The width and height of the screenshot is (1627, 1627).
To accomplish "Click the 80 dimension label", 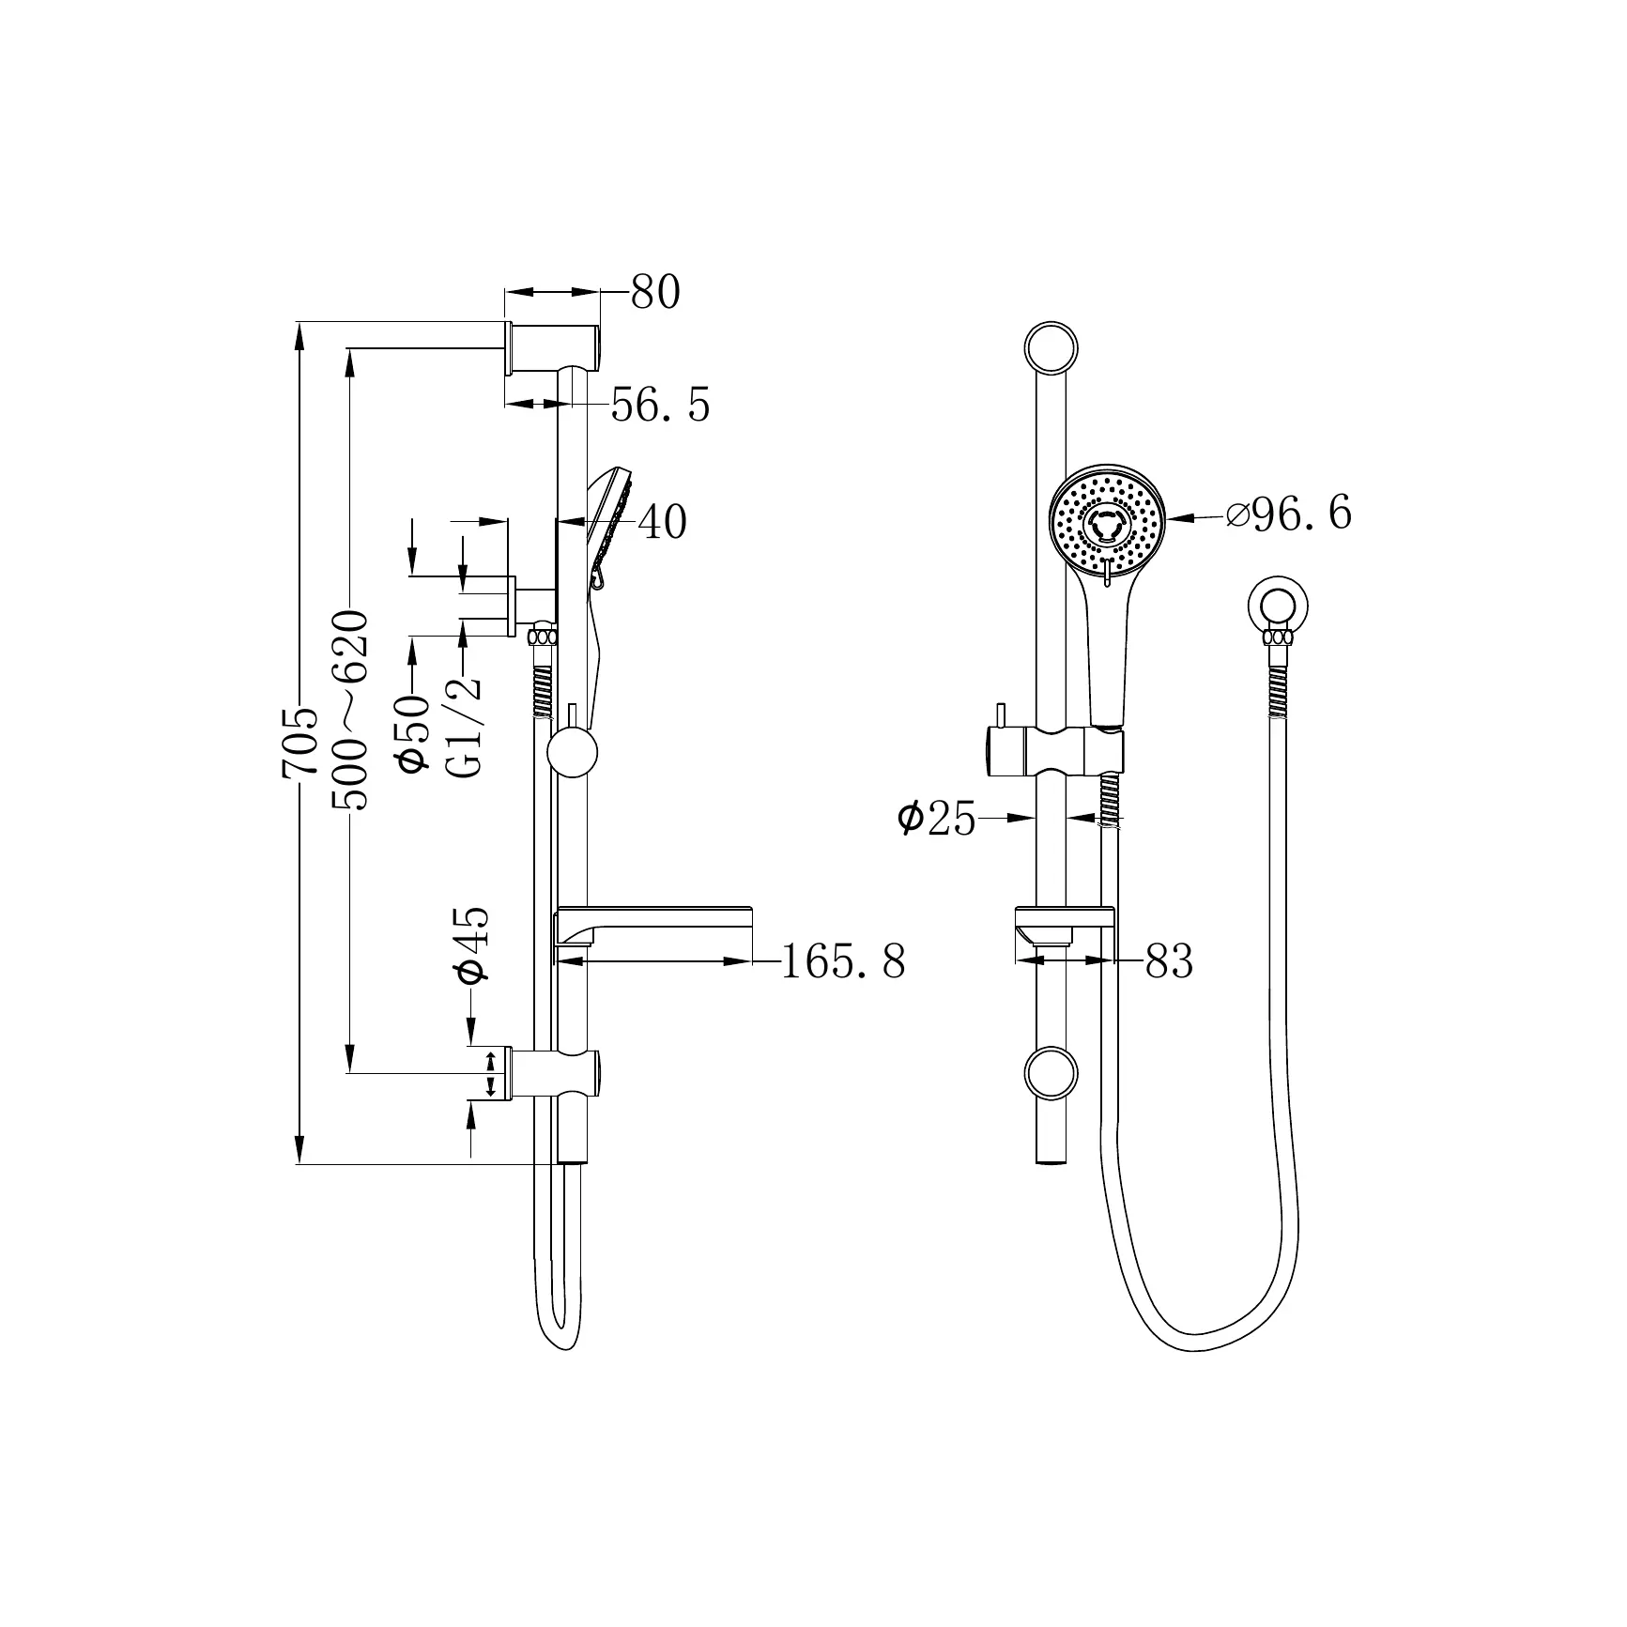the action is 654,293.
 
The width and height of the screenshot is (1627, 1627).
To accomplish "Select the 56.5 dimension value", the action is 660,405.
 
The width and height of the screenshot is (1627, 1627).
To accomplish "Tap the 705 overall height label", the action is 300,743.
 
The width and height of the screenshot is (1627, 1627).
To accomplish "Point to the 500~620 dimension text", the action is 350,710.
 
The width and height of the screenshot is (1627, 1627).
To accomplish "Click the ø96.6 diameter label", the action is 1289,514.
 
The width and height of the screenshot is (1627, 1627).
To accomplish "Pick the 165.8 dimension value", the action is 843,961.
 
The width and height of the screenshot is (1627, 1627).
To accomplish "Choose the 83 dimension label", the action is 1169,961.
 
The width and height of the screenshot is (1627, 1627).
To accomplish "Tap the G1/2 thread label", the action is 465,724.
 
